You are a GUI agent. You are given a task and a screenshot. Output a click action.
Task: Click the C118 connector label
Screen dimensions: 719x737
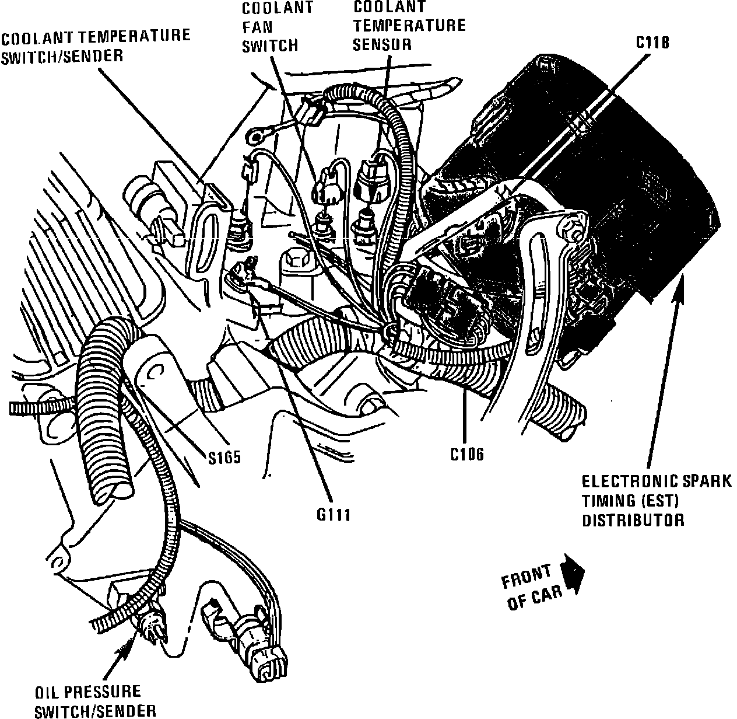pyautogui.click(x=652, y=43)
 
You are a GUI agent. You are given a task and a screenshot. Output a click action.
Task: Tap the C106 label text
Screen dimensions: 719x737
pyautogui.click(x=467, y=453)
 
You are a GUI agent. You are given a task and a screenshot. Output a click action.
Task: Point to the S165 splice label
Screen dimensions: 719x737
pyautogui.click(x=224, y=457)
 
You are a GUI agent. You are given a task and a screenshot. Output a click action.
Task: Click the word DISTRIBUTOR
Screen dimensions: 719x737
pyautogui.click(x=633, y=520)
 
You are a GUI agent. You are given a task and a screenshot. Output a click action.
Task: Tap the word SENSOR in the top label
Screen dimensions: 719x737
pyautogui.click(x=382, y=44)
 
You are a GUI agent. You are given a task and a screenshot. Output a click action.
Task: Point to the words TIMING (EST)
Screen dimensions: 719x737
pyautogui.click(x=632, y=501)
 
